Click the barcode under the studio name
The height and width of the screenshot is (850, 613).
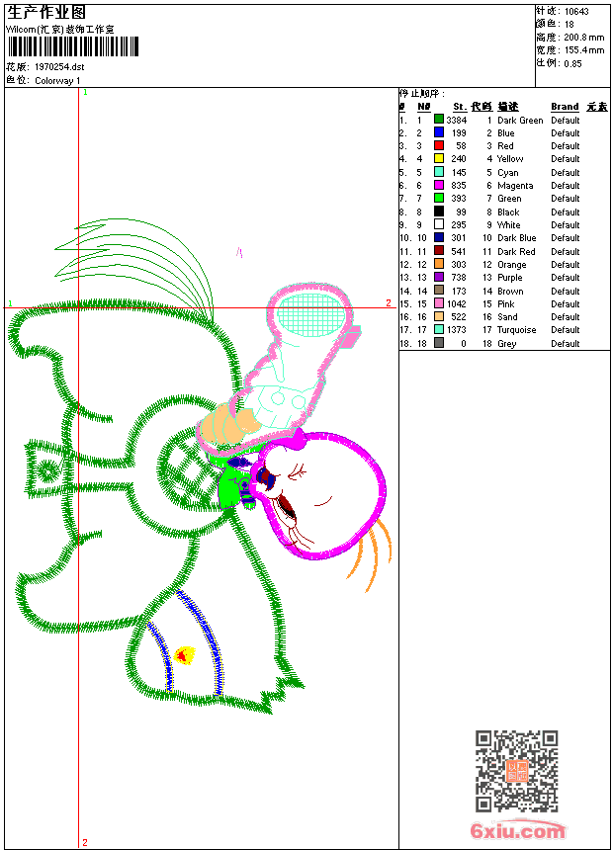point(73,46)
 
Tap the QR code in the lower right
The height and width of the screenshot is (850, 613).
point(516,771)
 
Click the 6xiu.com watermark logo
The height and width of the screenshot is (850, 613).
point(517,830)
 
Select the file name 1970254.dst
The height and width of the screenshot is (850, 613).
point(59,66)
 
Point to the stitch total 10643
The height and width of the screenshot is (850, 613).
point(576,12)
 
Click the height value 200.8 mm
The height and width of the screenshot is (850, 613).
point(583,38)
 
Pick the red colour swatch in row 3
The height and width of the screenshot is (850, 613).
point(439,145)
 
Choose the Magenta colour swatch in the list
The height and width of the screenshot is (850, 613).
point(439,185)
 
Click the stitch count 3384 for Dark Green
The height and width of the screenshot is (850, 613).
point(456,120)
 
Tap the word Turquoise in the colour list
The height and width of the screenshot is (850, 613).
point(516,329)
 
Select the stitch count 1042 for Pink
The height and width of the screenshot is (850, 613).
point(456,303)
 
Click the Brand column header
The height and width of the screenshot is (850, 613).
point(565,107)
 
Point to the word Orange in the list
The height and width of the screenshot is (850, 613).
point(511,265)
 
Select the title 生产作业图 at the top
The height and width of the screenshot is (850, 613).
point(46,13)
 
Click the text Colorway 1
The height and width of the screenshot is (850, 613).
point(57,81)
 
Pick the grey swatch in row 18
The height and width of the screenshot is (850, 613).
point(439,343)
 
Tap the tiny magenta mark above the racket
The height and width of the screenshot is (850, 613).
point(239,252)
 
